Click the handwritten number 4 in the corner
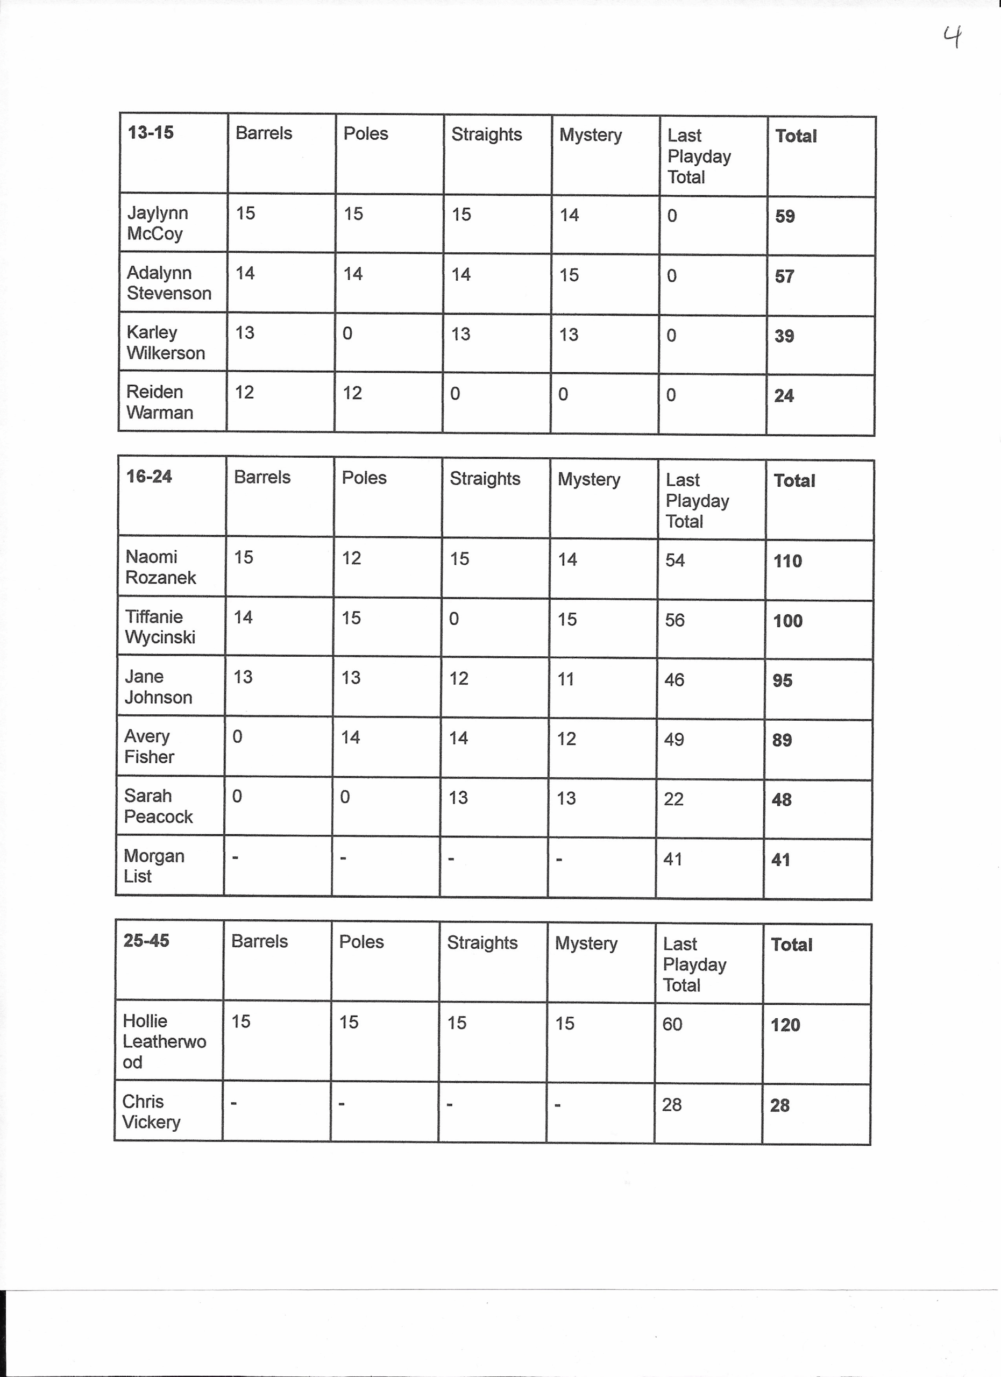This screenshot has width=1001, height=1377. click(x=953, y=38)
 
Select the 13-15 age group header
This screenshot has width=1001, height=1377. click(x=151, y=132)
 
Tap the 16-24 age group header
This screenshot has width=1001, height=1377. click(x=148, y=477)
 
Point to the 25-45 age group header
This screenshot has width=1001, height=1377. click(x=146, y=940)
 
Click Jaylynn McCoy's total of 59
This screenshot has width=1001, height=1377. click(x=785, y=216)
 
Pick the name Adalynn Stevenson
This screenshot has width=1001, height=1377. click(x=169, y=283)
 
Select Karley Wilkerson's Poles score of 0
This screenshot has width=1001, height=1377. click(x=347, y=333)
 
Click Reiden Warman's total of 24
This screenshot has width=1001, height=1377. click(x=784, y=396)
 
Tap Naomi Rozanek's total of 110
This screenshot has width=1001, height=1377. click(x=787, y=561)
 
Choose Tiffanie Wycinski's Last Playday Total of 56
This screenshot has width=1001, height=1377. click(x=675, y=620)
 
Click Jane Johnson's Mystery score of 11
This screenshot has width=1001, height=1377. click(x=566, y=679)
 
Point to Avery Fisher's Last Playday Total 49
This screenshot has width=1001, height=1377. click(x=674, y=739)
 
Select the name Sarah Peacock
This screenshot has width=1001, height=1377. click(x=158, y=806)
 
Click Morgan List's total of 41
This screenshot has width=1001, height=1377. click(x=780, y=860)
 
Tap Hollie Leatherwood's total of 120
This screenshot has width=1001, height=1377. click(x=785, y=1025)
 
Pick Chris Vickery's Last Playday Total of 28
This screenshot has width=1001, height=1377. click(x=671, y=1104)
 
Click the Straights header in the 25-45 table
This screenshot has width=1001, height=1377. click(x=482, y=942)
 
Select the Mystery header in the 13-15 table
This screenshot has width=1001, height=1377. click(x=590, y=135)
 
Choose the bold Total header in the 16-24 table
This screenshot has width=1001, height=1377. click(x=794, y=481)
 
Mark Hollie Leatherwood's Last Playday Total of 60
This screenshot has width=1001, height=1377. click(x=672, y=1024)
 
